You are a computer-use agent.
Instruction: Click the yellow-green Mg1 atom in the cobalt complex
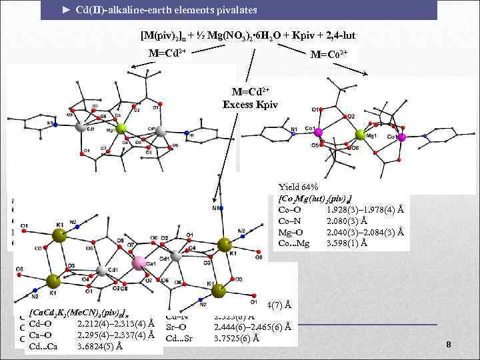360,136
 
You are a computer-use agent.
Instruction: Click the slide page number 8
449,344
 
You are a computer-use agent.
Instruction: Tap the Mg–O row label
292,233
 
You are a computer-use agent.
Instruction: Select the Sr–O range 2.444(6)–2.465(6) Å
253,327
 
